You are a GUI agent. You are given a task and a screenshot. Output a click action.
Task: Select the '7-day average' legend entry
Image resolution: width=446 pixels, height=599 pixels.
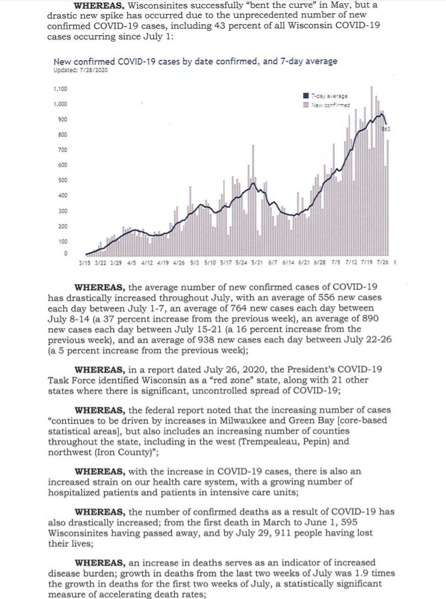(329, 96)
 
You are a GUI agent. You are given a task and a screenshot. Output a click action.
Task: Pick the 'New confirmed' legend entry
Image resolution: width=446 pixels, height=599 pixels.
(329, 104)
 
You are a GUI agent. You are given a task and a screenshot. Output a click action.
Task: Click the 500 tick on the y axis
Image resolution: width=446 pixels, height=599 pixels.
(62, 180)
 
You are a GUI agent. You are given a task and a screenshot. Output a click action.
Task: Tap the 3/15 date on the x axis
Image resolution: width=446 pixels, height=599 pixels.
(84, 262)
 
